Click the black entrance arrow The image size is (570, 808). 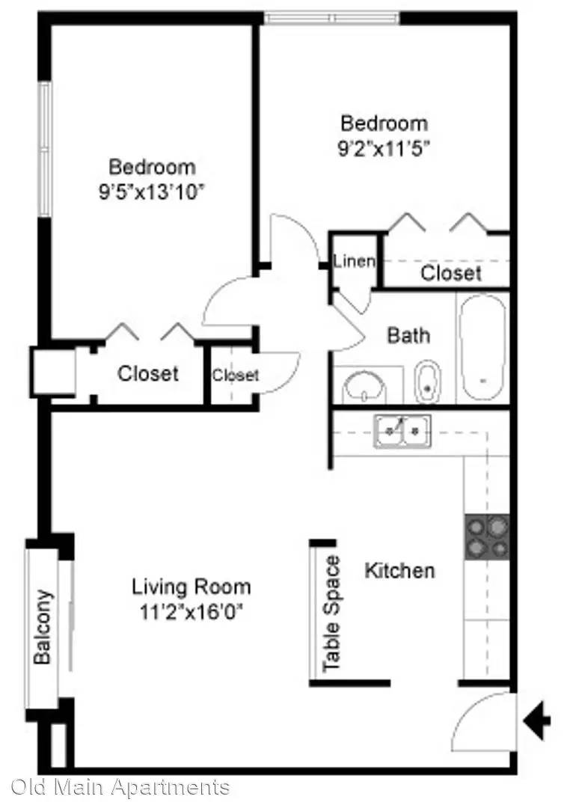536,720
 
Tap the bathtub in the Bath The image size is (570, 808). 482,349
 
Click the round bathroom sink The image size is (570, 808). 365,387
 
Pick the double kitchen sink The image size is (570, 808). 402,431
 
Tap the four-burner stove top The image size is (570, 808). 487,536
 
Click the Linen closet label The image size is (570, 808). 354,261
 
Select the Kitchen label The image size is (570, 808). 400,570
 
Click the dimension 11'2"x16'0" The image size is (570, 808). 191,613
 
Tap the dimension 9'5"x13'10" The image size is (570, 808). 152,192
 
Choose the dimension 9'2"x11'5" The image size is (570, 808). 384,149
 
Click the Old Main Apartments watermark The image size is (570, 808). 120,787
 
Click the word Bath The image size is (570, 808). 408,335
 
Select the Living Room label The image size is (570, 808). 191,587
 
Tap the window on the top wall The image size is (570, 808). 332,19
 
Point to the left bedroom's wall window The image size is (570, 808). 46,149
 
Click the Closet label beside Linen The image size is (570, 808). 451,273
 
